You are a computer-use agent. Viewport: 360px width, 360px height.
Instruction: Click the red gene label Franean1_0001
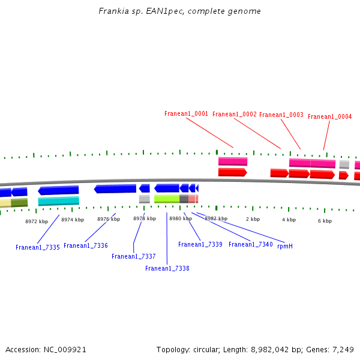point(186,113)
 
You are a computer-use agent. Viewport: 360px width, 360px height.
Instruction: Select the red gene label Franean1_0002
point(234,114)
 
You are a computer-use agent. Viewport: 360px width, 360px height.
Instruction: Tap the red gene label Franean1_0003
point(281,115)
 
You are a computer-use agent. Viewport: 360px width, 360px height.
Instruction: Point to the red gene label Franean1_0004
point(329,116)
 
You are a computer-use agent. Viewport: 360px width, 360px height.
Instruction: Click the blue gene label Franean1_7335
point(38,247)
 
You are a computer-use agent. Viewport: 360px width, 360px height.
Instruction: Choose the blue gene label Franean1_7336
point(86,245)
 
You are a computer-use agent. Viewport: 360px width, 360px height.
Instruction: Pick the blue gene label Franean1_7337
point(133,256)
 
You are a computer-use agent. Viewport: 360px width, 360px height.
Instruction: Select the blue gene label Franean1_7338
point(167,268)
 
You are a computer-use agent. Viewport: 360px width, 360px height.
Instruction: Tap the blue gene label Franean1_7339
point(200,244)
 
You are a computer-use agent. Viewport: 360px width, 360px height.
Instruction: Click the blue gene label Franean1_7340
point(251,244)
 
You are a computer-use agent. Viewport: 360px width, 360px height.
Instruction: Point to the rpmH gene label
point(285,246)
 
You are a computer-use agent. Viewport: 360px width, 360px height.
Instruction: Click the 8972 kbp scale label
point(37,221)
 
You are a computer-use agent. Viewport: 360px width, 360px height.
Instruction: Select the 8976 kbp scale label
point(109,219)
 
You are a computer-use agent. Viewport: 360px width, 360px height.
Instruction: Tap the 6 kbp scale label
point(325,221)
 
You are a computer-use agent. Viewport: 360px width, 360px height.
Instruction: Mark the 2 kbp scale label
point(253,219)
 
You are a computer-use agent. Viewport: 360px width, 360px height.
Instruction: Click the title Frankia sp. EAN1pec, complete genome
point(179,11)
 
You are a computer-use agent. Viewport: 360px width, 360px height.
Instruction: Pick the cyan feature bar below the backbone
point(59,201)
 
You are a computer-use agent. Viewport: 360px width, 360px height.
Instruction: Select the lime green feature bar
point(167,199)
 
